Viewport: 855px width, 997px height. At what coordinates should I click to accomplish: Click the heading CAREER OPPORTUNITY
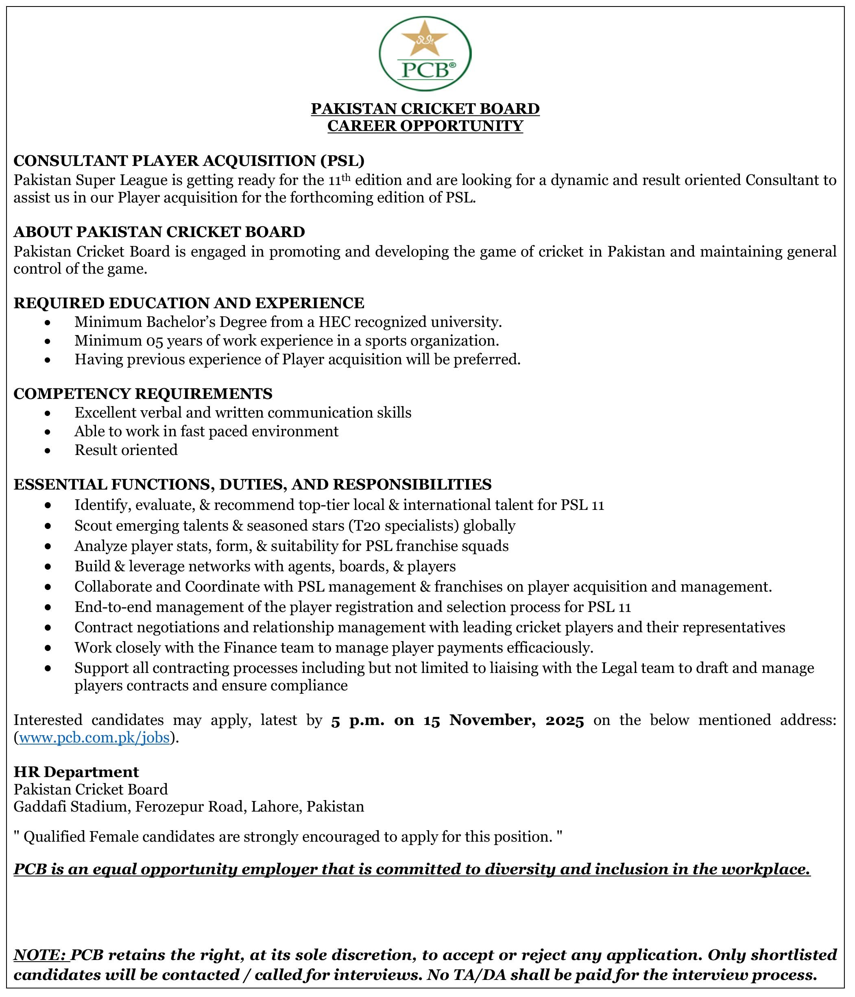pyautogui.click(x=425, y=126)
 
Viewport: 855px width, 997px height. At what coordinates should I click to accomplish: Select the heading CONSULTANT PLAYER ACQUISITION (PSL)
pyautogui.click(x=189, y=160)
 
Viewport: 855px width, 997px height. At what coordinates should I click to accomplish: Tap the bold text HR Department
pyautogui.click(x=76, y=772)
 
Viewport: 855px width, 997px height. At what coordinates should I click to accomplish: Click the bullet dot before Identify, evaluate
pyautogui.click(x=47, y=505)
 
